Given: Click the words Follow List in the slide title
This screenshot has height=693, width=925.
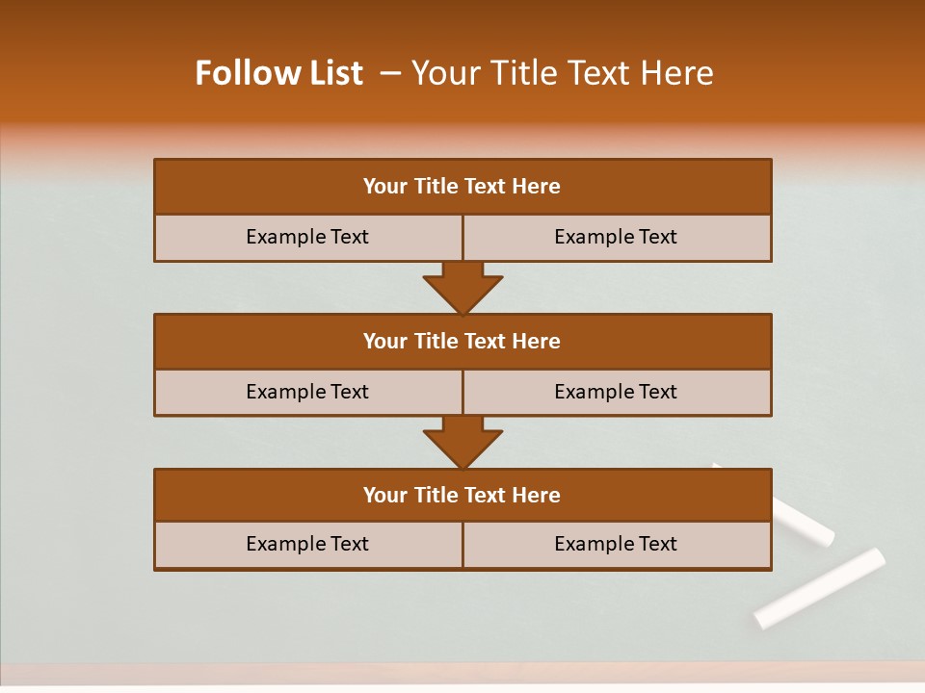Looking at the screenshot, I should (x=278, y=73).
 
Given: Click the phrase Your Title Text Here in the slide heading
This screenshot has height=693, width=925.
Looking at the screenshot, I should (x=562, y=73).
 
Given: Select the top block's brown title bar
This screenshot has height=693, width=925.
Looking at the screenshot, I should (x=462, y=187).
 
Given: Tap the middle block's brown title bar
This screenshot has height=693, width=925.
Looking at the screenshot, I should (x=462, y=342).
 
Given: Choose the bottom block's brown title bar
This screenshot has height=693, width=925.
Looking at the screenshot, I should (x=462, y=496).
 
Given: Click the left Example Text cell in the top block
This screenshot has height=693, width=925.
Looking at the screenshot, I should (x=307, y=237).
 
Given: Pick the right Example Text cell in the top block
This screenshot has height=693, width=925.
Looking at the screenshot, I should (x=616, y=237).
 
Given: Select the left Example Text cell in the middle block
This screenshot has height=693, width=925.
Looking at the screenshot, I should (x=307, y=392).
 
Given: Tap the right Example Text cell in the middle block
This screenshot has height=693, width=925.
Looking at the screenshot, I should (x=616, y=392).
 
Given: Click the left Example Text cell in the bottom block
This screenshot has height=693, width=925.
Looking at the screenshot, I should (x=307, y=544).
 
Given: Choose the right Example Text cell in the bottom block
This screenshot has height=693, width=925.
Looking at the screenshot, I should (x=616, y=544).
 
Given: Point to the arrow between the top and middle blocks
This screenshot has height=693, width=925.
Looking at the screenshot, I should (x=462, y=288).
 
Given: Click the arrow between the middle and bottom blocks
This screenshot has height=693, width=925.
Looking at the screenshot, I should (x=462, y=443).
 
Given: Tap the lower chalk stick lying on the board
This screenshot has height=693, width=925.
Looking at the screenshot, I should (x=819, y=587).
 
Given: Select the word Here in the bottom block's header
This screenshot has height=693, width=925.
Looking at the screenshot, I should (x=537, y=496).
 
